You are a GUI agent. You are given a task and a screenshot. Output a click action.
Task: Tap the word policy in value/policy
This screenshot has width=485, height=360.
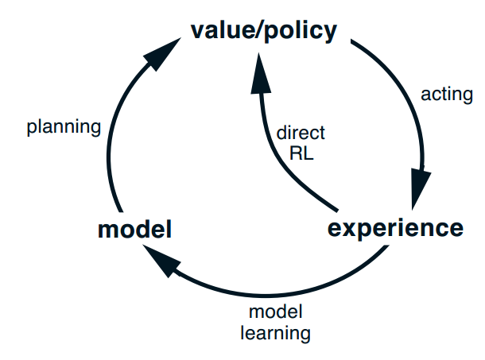point(297,32)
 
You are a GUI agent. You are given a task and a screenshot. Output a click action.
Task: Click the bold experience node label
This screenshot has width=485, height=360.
point(395,229)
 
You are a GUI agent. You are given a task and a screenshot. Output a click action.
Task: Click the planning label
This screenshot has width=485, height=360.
point(64,126)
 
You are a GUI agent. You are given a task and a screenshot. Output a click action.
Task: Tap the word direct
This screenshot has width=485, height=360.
point(301,134)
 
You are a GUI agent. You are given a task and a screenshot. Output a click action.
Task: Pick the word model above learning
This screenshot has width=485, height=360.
point(275,312)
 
